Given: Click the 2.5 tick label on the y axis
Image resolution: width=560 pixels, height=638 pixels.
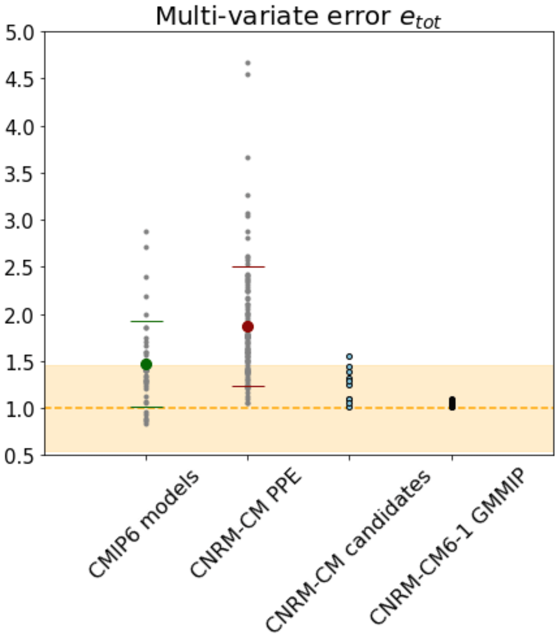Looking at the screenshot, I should tap(19, 268).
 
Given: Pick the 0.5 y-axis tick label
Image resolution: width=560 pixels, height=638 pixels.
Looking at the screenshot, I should tap(19, 456).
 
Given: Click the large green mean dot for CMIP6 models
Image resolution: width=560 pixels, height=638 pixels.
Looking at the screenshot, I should tap(146, 364).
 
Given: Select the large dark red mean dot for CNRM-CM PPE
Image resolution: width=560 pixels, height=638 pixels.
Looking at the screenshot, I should tap(248, 327).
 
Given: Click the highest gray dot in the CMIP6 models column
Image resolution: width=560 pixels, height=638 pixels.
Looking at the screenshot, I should tap(146, 232).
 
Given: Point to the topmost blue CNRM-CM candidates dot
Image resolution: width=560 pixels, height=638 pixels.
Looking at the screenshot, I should tap(349, 356).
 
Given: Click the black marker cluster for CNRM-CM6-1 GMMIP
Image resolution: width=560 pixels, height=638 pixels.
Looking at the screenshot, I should tap(452, 404).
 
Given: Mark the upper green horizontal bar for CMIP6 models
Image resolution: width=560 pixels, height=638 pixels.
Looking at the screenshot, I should tap(147, 321).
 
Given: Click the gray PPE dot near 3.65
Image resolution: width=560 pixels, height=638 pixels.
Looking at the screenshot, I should tap(248, 158).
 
